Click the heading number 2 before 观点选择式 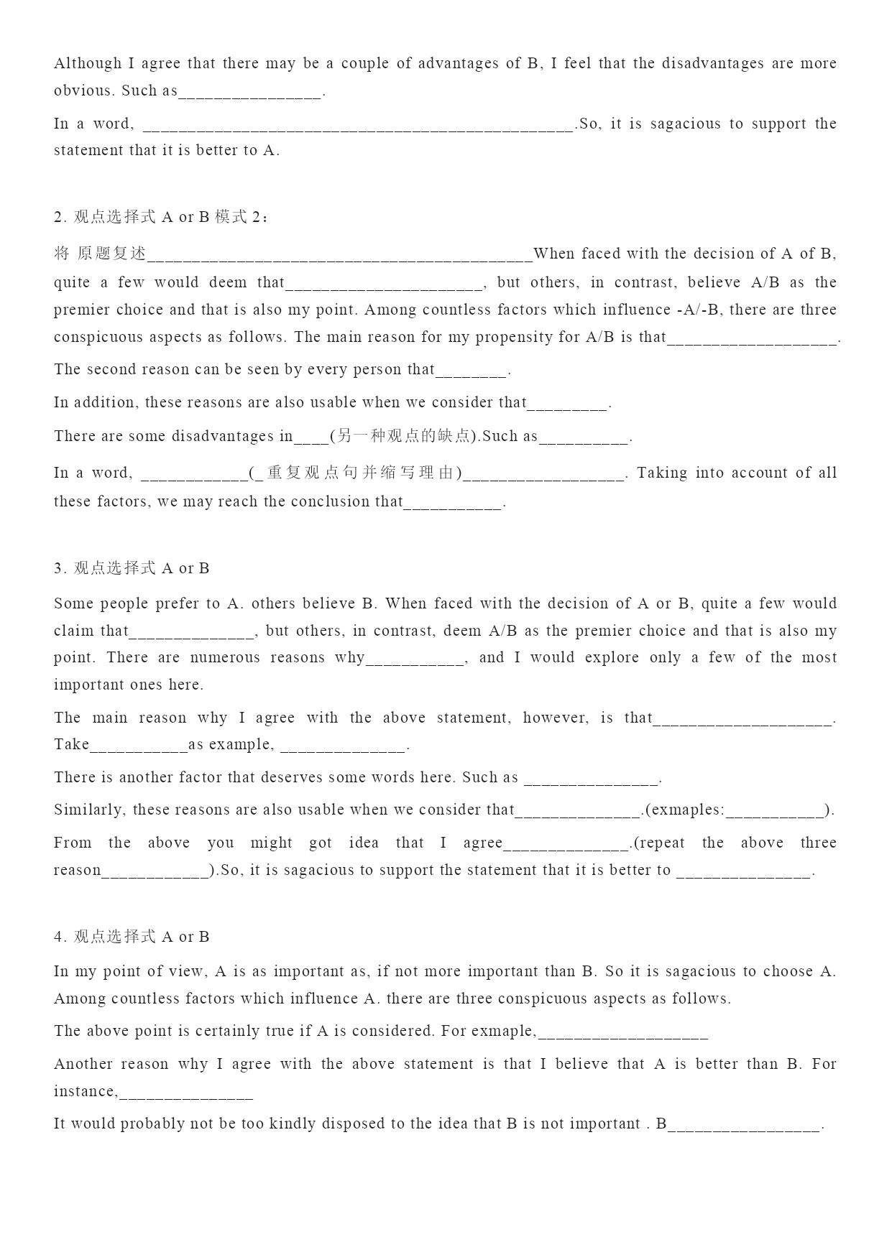pos(58,217)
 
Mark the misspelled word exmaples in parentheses pos(689,810)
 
